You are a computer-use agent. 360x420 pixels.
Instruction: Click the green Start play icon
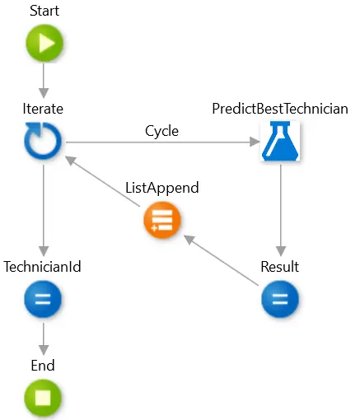44,43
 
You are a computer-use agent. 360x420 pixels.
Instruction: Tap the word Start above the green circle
44,11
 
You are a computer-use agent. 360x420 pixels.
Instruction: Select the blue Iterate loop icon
43,141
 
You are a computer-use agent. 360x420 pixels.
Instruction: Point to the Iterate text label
43,109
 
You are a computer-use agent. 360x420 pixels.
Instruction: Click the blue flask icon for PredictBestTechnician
280,141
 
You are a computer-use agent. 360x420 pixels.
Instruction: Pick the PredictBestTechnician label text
280,109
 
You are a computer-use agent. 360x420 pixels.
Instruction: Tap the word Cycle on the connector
161,131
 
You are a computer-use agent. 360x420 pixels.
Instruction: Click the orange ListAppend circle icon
162,220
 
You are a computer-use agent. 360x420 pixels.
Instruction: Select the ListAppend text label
162,188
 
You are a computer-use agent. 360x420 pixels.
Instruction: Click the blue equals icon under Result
280,299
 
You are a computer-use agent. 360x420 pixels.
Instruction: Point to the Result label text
280,267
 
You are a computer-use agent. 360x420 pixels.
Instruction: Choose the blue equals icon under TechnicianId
43,299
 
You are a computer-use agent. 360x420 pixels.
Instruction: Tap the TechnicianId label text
42,267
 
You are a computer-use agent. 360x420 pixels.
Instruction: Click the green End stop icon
43,398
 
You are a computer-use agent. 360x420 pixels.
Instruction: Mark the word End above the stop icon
43,366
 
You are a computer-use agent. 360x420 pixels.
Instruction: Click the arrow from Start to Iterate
44,81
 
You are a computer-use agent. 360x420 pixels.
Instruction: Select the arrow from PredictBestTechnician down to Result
281,211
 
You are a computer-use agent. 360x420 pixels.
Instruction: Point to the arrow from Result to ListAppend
221,260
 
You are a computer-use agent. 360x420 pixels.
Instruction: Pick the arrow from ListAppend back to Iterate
103,181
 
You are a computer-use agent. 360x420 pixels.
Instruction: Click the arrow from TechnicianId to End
44,339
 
